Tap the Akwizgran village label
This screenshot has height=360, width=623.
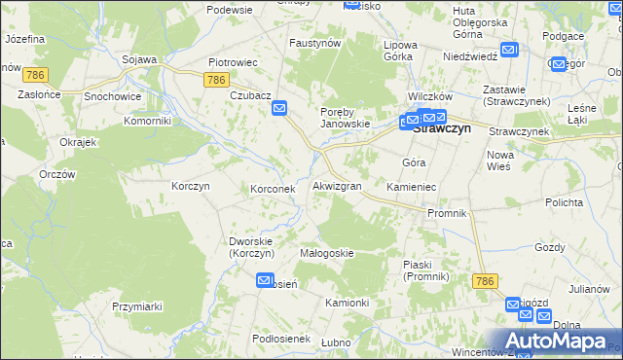click(338, 185)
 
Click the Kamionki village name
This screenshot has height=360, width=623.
click(347, 303)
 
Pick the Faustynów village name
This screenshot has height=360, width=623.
click(314, 44)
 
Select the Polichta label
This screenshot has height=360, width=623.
click(564, 202)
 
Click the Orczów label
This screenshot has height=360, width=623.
click(57, 174)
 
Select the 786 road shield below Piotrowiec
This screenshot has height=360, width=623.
click(217, 80)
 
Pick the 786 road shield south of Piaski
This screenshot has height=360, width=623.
click(487, 280)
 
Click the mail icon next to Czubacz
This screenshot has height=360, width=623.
click(279, 109)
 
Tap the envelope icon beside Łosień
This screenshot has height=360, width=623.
click(265, 280)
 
